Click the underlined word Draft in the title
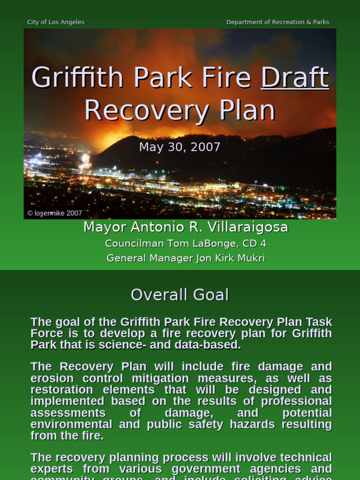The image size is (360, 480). [x=295, y=78]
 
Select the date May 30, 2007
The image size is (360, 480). [x=180, y=147]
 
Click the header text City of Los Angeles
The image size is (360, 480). [x=56, y=22]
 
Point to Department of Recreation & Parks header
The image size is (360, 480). [x=277, y=22]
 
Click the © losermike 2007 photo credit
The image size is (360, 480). [x=55, y=213]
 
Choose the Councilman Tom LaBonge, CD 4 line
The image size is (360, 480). [x=186, y=244]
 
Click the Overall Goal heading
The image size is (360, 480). [x=180, y=295]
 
